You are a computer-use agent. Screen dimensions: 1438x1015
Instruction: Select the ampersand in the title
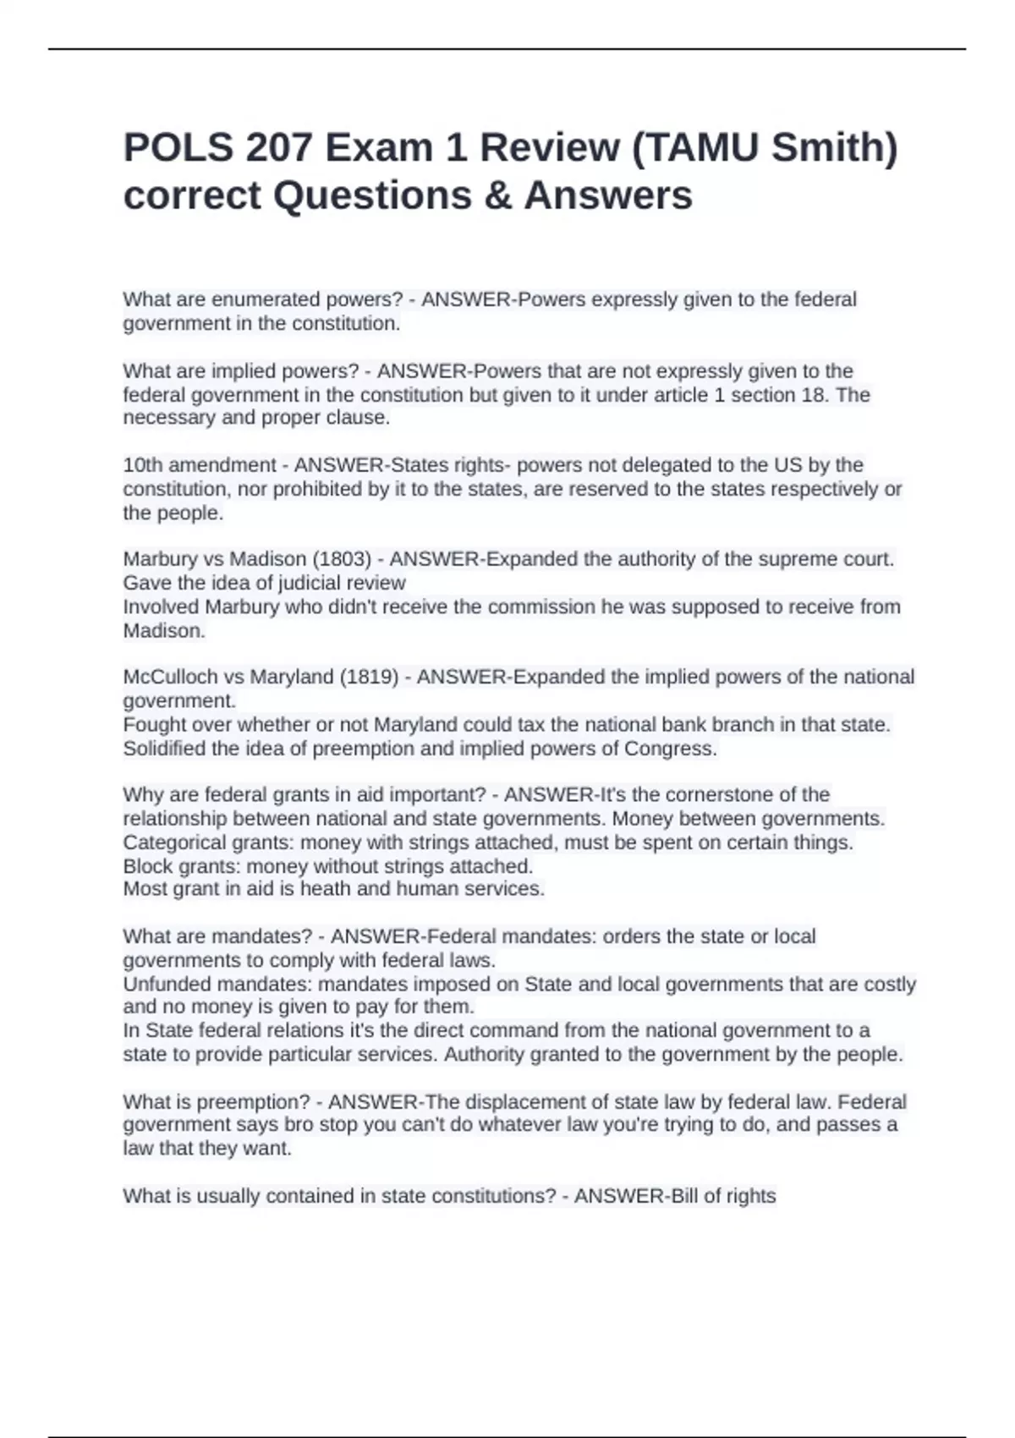click(498, 196)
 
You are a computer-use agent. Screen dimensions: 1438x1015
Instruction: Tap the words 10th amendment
click(200, 465)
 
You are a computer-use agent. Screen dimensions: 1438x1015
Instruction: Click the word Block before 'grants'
click(147, 866)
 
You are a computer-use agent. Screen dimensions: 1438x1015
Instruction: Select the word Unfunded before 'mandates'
click(167, 985)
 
